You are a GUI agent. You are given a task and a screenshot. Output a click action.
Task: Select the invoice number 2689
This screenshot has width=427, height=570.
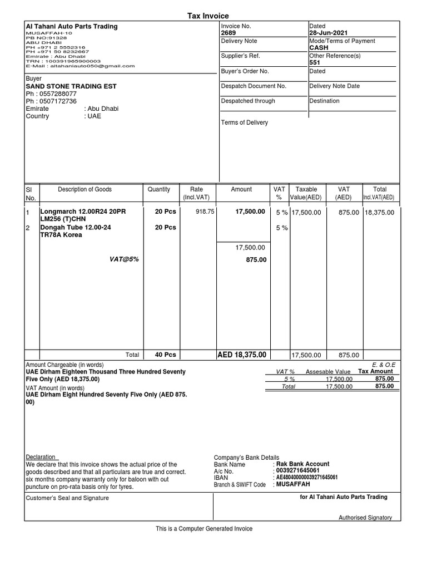coord(229,33)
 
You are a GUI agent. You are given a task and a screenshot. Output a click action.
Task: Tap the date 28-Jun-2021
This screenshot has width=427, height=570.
coord(329,33)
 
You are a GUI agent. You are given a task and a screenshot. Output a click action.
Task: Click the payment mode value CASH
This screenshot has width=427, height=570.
coord(319,48)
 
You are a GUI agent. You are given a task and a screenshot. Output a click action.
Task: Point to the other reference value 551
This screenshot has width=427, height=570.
coord(315,63)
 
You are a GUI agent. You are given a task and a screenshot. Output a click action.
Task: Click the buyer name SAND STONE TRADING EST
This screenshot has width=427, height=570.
coord(72,86)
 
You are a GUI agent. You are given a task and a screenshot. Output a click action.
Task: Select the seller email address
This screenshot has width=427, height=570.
coord(80,66)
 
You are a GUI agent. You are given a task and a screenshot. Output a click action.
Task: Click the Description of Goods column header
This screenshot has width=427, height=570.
coord(85,189)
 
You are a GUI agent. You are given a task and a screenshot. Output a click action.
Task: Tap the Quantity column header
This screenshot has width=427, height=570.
coord(159,189)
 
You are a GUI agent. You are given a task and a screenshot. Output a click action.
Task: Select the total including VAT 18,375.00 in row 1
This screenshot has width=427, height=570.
coord(380,212)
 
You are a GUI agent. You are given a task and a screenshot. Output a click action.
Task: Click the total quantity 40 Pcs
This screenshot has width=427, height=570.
coord(165,355)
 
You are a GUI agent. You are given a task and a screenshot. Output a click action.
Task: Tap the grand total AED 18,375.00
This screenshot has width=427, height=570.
coord(241,355)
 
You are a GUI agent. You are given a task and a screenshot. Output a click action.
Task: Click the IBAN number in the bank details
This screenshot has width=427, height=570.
coord(307,478)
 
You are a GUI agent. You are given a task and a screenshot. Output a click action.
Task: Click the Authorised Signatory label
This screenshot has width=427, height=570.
coord(365,518)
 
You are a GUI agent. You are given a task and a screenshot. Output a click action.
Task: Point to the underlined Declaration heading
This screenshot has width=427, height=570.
coord(42,457)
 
